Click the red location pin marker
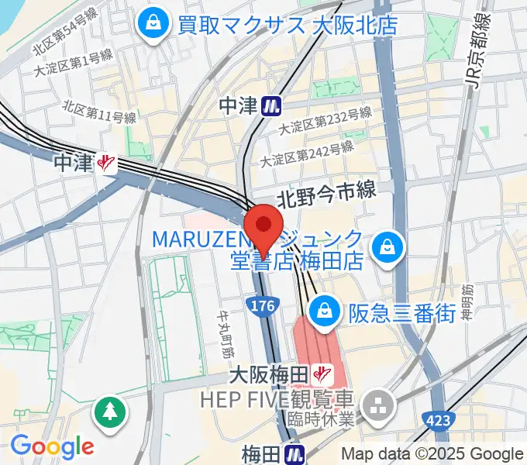click(264, 227)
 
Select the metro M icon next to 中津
click(271, 105)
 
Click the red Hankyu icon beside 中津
click(106, 163)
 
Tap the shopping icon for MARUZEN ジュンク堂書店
click(384, 248)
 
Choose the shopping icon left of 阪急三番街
click(320, 312)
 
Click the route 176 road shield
click(264, 307)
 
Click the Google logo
click(52, 446)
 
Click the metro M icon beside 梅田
click(293, 452)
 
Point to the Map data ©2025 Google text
click(432, 454)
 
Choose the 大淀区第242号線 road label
click(306, 153)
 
